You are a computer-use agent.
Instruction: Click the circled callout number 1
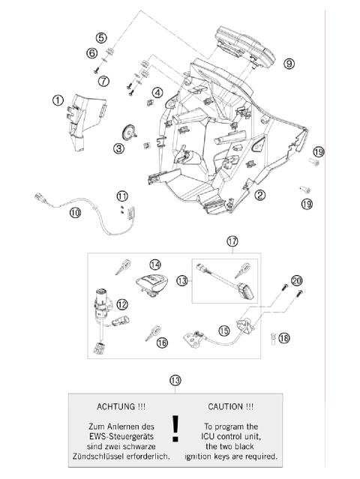(x=58, y=99)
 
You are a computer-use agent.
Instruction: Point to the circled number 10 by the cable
(x=76, y=212)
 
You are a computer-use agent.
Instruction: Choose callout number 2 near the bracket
(x=260, y=196)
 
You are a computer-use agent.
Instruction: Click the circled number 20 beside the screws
(x=297, y=280)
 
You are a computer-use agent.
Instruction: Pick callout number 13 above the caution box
(x=175, y=381)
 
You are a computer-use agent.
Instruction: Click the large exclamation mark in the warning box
(x=175, y=428)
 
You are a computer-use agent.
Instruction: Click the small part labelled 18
(x=274, y=337)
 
